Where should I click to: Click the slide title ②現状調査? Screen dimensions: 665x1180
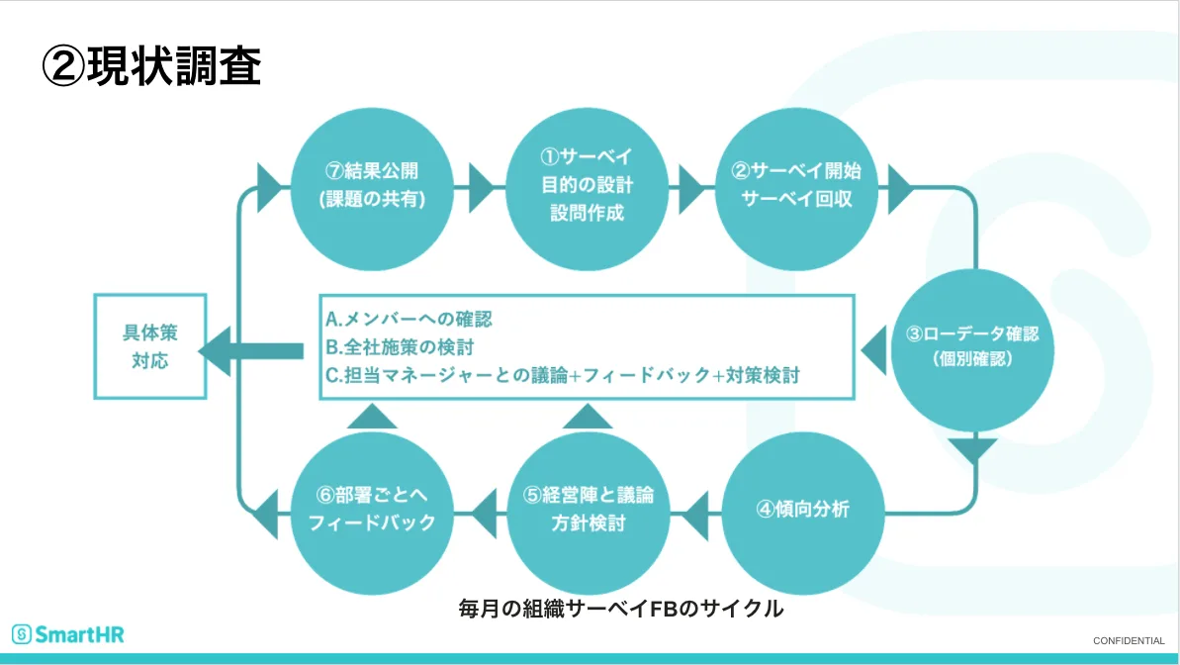pyautogui.click(x=151, y=65)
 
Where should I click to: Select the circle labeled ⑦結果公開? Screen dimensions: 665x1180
pyautogui.click(x=373, y=184)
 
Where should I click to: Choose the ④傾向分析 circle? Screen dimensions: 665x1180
pyautogui.click(x=802, y=511)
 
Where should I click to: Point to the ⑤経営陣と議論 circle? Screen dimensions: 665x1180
pyautogui.click(x=588, y=509)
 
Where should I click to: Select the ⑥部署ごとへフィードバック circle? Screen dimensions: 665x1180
pyautogui.click(x=372, y=509)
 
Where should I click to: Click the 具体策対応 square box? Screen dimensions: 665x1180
pyautogui.click(x=150, y=345)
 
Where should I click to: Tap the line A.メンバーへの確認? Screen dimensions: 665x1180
pyautogui.click(x=409, y=320)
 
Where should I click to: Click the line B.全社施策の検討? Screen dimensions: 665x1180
pyautogui.click(x=401, y=347)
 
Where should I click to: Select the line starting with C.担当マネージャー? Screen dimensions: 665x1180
pyautogui.click(x=562, y=375)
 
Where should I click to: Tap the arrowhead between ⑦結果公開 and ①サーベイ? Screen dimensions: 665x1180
pyautogui.click(x=482, y=185)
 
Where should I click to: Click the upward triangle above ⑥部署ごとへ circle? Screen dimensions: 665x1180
pyautogui.click(x=373, y=416)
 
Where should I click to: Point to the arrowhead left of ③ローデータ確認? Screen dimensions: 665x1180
pyautogui.click(x=873, y=348)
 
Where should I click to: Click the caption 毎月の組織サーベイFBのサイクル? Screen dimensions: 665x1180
pyautogui.click(x=621, y=608)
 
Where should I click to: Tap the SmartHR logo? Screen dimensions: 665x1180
pyautogui.click(x=68, y=634)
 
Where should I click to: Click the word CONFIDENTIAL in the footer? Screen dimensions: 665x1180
pyautogui.click(x=1129, y=640)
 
